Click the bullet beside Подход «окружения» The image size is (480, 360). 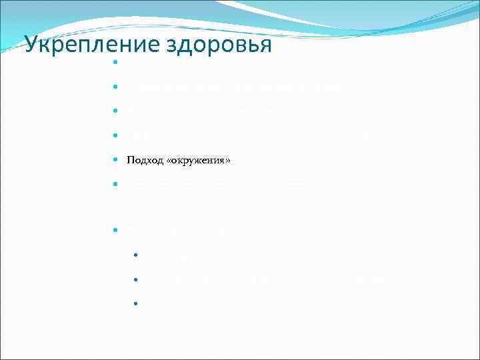point(115,161)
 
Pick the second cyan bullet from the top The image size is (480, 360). point(115,87)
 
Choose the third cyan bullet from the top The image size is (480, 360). point(115,111)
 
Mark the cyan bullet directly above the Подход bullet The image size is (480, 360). point(115,135)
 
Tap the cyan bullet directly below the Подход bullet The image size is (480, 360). point(115,183)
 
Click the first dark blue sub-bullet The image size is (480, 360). point(135,255)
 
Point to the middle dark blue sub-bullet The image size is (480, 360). point(135,279)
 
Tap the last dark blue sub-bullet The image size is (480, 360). point(135,303)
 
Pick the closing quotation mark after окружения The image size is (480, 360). point(227,161)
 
